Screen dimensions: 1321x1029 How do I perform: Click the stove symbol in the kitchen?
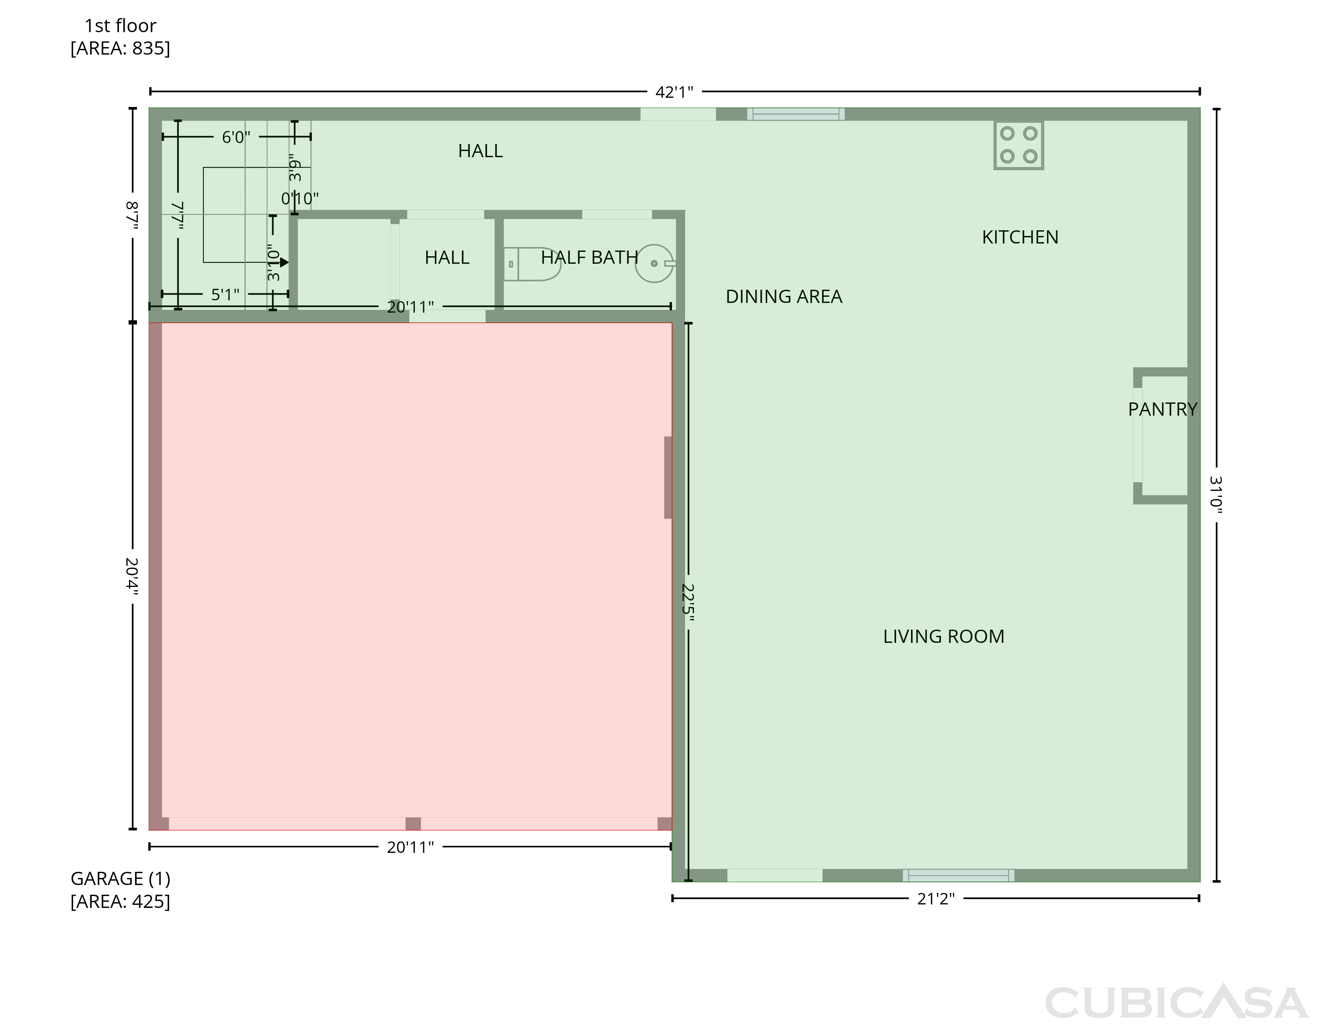1018,145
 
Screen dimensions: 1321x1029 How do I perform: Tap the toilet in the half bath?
532,264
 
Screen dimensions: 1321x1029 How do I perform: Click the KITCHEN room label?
1020,237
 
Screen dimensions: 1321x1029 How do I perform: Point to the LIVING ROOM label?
944,636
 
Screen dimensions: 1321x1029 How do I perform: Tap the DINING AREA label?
784,296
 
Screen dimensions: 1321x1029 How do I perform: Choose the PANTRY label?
1162,409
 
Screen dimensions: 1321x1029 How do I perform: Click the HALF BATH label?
589,258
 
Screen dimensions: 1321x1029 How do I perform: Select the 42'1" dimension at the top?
675,92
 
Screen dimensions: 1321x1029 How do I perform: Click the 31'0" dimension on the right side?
1216,495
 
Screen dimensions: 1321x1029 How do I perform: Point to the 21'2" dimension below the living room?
936,899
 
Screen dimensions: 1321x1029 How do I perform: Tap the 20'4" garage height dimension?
132,576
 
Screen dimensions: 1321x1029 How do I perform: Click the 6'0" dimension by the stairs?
236,137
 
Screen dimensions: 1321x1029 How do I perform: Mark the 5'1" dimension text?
225,295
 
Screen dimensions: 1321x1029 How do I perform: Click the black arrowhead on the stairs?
284,262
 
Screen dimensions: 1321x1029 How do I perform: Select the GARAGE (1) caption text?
120,878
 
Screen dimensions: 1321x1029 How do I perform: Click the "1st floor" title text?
120,26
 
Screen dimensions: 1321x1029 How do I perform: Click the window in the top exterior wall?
796,114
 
